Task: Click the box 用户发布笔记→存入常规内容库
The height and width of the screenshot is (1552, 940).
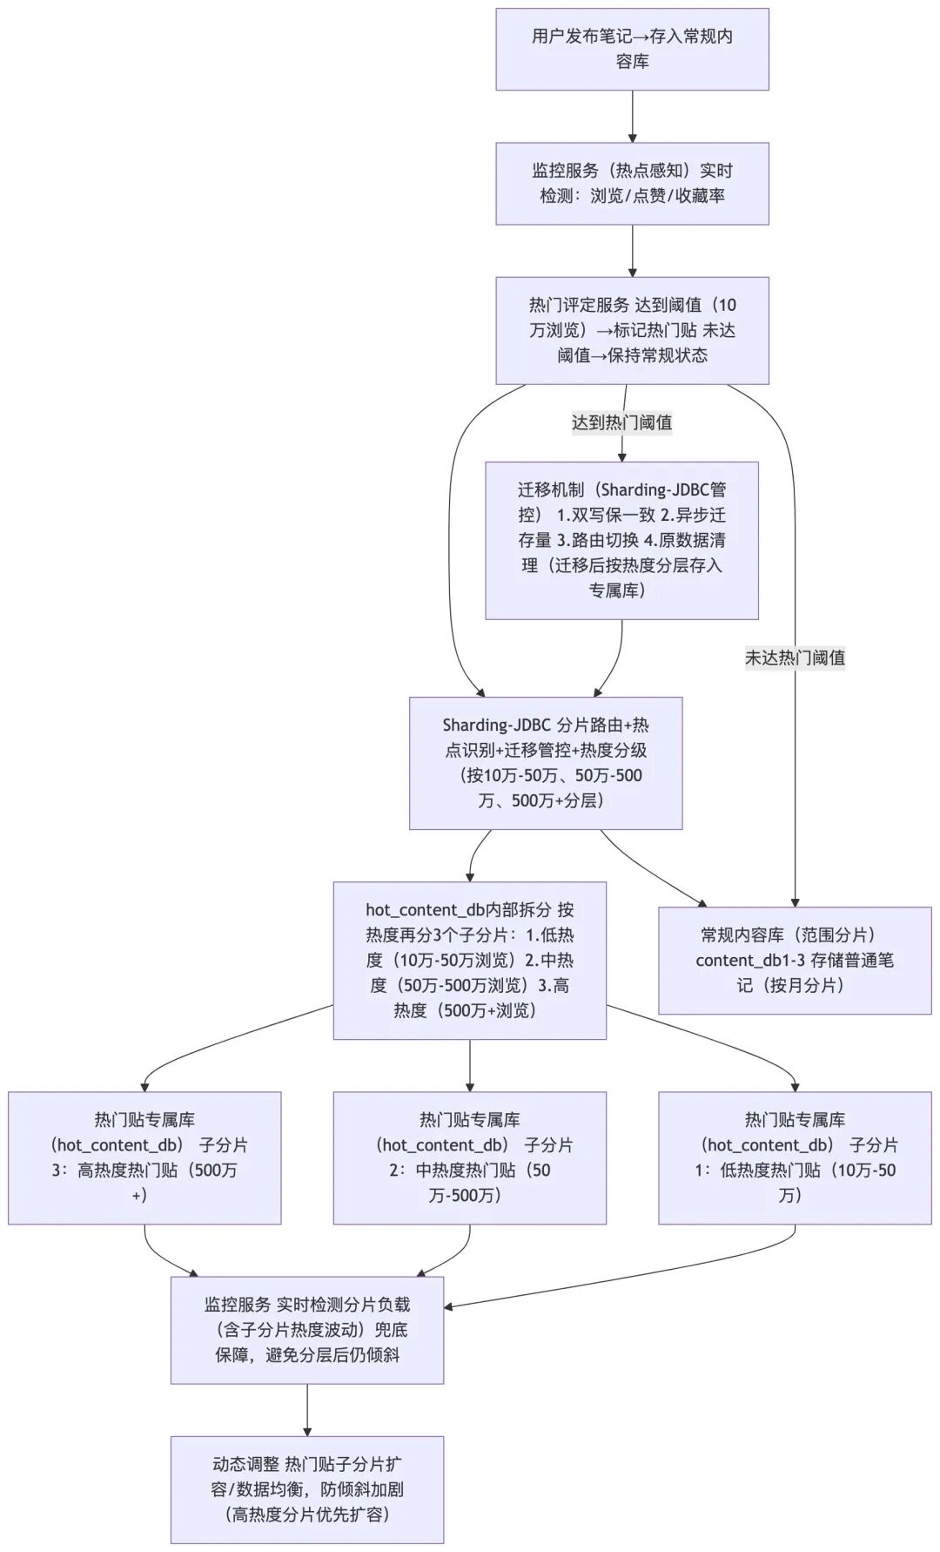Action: tap(632, 49)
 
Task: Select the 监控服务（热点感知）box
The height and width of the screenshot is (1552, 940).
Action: tap(632, 183)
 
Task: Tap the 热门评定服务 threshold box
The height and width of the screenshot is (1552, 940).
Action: tap(632, 330)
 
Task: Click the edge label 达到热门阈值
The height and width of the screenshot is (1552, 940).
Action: tap(621, 422)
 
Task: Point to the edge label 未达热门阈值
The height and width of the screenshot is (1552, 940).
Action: tap(795, 658)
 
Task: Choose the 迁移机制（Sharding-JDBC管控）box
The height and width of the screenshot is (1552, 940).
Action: tap(621, 540)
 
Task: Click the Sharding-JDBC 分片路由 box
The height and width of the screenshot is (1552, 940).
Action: tap(546, 762)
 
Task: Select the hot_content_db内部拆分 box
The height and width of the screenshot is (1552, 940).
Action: tap(469, 960)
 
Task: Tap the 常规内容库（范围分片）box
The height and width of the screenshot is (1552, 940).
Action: tap(795, 960)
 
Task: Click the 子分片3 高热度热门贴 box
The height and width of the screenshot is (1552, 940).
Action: tap(144, 1157)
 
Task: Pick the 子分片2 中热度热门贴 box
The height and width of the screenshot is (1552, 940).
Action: tap(469, 1157)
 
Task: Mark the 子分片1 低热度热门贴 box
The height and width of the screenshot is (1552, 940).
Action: tap(795, 1157)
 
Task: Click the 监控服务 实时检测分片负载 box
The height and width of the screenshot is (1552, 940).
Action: tap(306, 1330)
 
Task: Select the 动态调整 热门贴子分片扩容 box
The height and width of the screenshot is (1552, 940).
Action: tap(306, 1489)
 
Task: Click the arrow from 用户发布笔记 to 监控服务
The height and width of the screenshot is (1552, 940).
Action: tap(632, 115)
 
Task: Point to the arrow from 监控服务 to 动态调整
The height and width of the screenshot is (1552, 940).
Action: tap(306, 1408)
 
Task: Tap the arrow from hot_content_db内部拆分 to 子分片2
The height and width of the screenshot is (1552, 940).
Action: tap(469, 1064)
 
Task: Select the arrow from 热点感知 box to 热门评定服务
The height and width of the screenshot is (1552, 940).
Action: tap(632, 249)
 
